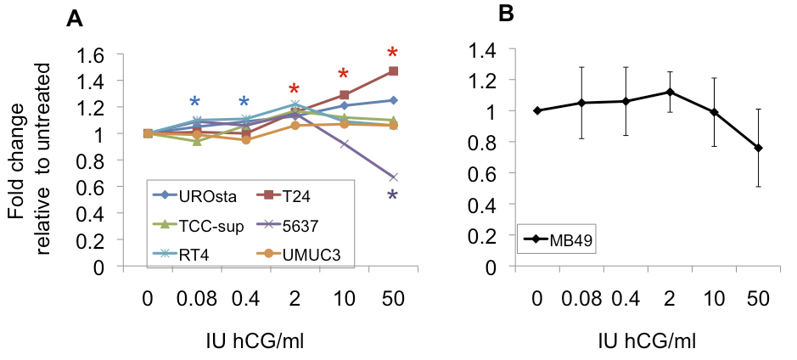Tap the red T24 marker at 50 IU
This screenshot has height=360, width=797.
(392, 70)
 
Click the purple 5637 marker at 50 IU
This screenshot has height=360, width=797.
(392, 177)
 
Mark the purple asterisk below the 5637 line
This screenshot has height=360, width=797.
(392, 197)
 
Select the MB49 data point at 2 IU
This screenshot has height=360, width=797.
(670, 92)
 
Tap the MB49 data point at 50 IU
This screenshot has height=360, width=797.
(756, 148)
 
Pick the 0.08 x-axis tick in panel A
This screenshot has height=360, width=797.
(197, 300)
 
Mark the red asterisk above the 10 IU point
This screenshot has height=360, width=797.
(344, 75)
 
